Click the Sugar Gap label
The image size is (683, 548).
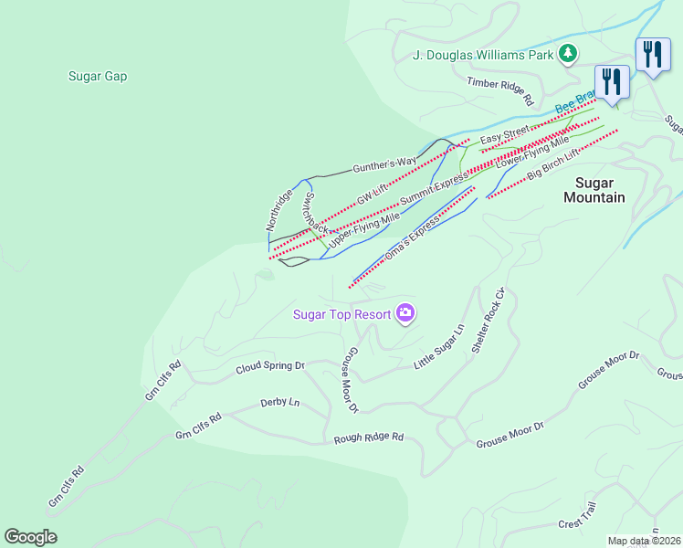coord(97,76)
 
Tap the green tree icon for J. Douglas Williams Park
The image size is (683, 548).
coord(568,54)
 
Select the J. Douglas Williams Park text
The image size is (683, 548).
coord(484,56)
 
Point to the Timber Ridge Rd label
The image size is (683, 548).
coord(499,89)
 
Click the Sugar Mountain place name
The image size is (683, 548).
coord(594,189)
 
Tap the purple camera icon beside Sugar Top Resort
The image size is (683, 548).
coord(405,314)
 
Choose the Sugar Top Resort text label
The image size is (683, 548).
coord(341,315)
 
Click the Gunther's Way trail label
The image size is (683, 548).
coord(384,165)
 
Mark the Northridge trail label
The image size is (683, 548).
coord(279,209)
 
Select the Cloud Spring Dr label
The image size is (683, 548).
coord(269,366)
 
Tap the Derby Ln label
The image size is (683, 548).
coord(279,402)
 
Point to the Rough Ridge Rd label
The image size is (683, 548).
coord(368,437)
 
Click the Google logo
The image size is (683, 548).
coord(30,537)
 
